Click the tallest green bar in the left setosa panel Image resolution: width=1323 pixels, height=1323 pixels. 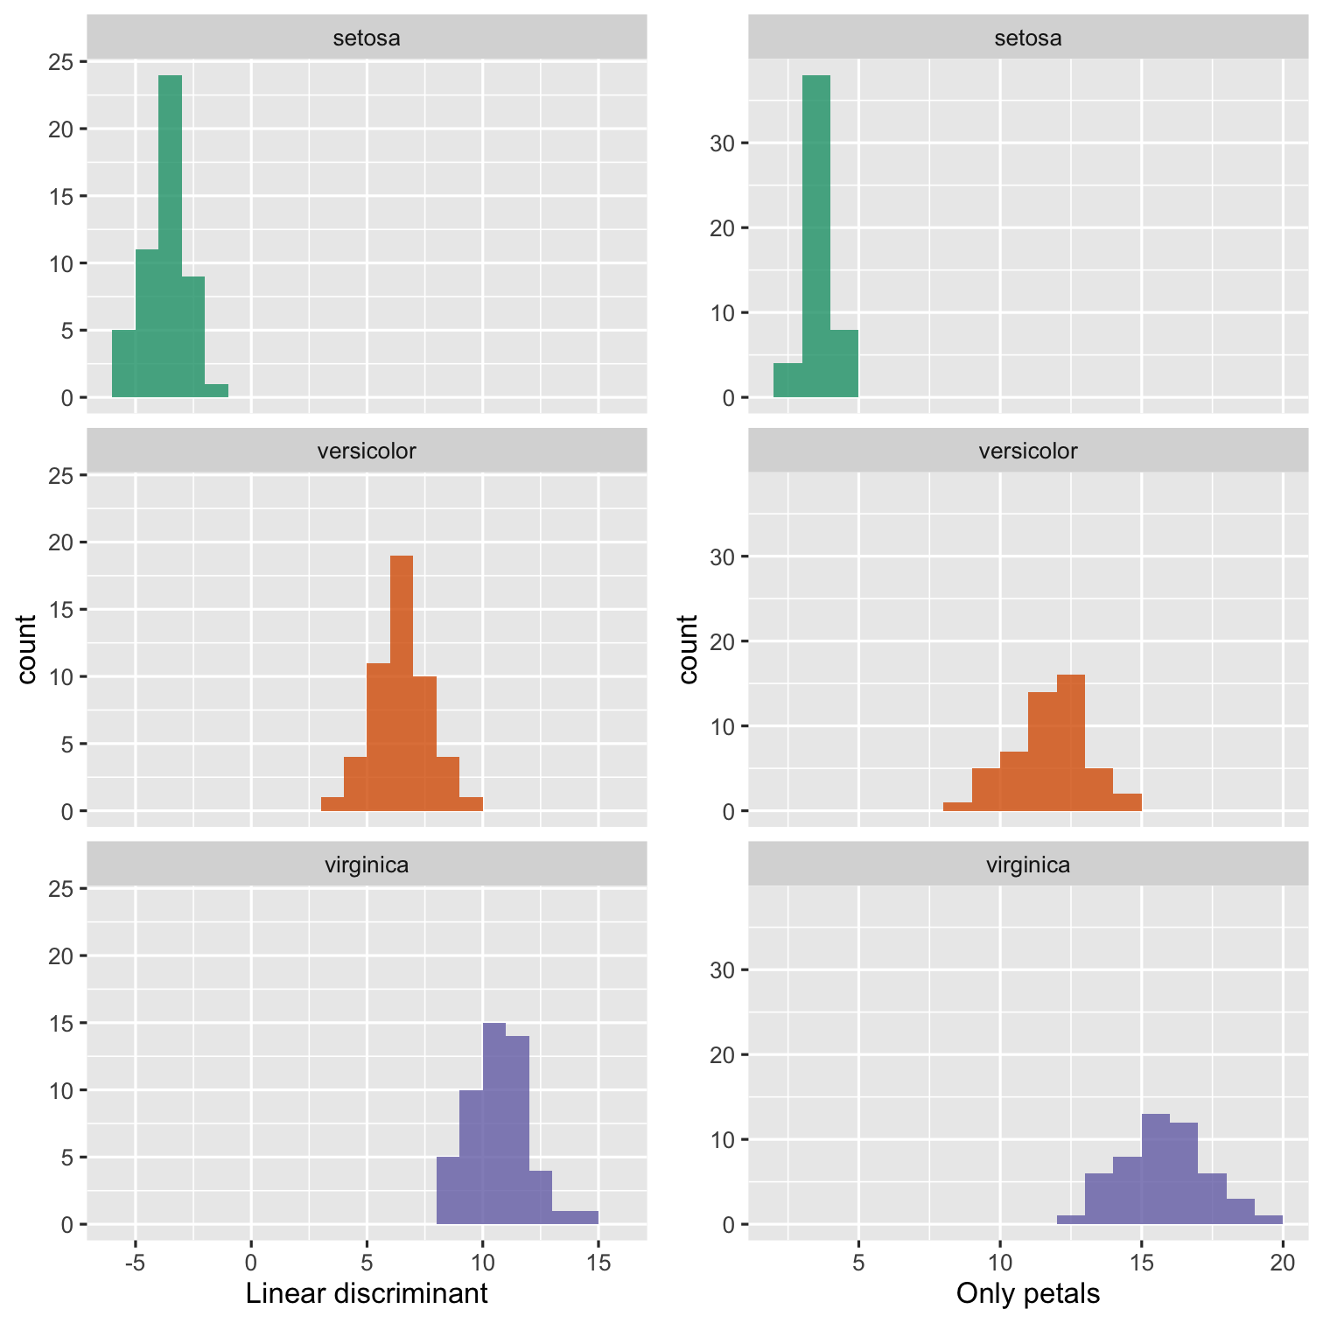coord(170,236)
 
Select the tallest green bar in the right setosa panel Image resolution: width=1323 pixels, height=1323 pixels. coord(816,236)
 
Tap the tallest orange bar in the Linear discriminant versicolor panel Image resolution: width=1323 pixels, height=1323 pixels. coord(402,682)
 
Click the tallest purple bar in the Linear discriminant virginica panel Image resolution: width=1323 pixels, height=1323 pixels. coord(494,1123)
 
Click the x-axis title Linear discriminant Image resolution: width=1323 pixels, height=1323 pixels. coord(367,1293)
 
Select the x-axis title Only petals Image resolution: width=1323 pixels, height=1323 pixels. coord(1028,1293)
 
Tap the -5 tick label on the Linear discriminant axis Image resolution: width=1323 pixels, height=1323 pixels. coord(135,1263)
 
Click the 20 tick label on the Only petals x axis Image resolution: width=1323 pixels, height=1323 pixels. coord(1283,1263)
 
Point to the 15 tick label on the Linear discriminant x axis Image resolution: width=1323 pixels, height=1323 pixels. coord(598,1263)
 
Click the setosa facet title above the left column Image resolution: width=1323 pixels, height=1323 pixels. coord(367,38)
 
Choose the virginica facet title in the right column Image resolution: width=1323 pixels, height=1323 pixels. coord(1028,865)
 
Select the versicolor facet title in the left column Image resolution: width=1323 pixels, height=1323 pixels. coord(367,451)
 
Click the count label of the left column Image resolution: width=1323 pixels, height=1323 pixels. coord(27,649)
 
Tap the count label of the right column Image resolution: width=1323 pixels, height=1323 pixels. coord(689,649)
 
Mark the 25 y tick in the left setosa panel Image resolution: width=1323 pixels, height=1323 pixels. coord(61,62)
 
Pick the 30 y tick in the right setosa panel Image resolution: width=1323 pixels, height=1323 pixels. coord(722,143)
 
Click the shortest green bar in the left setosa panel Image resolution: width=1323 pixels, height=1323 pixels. coord(216,391)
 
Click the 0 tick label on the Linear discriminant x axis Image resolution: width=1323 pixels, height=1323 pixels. coord(251,1263)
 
